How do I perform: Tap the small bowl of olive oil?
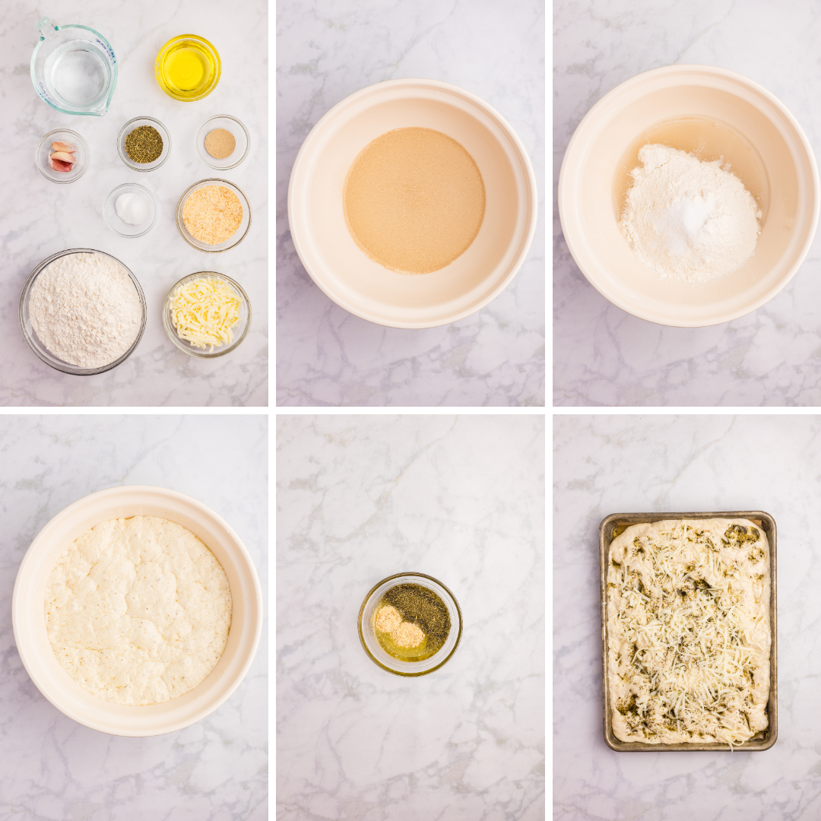point(188,68)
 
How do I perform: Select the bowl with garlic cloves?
point(62,155)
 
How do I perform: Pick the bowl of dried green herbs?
point(144,144)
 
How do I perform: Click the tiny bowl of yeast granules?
point(221,143)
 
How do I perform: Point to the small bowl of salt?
point(131,208)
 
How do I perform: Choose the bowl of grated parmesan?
point(213,214)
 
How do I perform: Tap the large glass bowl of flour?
point(83,310)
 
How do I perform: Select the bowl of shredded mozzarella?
point(206,312)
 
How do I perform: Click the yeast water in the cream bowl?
point(414,201)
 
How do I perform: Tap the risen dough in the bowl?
point(138,609)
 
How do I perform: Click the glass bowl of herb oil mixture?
point(410,623)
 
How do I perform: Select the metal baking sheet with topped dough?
point(688,631)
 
